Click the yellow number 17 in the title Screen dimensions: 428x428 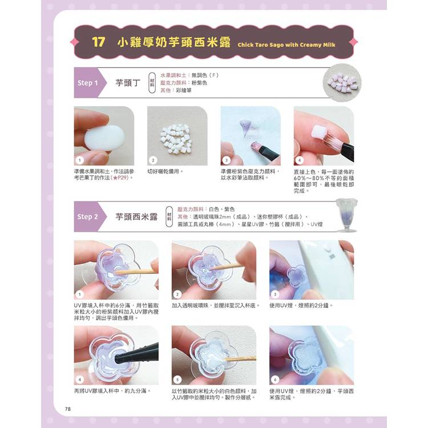pos(99,42)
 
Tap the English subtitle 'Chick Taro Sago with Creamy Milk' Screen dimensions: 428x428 pos(286,45)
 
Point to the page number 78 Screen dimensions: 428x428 pos(68,409)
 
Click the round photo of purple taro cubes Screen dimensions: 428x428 pos(342,83)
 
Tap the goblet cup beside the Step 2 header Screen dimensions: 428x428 pos(346,215)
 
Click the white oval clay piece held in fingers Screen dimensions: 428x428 pos(104,138)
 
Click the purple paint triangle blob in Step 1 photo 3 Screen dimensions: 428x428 pos(246,127)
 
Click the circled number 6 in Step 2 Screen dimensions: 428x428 pos(275,379)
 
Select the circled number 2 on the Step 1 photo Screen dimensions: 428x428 pos(153,160)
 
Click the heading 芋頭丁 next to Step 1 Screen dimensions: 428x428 pos(128,83)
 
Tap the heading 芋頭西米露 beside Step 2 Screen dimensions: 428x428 pos(136,217)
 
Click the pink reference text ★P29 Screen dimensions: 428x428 pos(120,177)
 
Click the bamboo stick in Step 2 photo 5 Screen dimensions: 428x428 pos(240,359)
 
